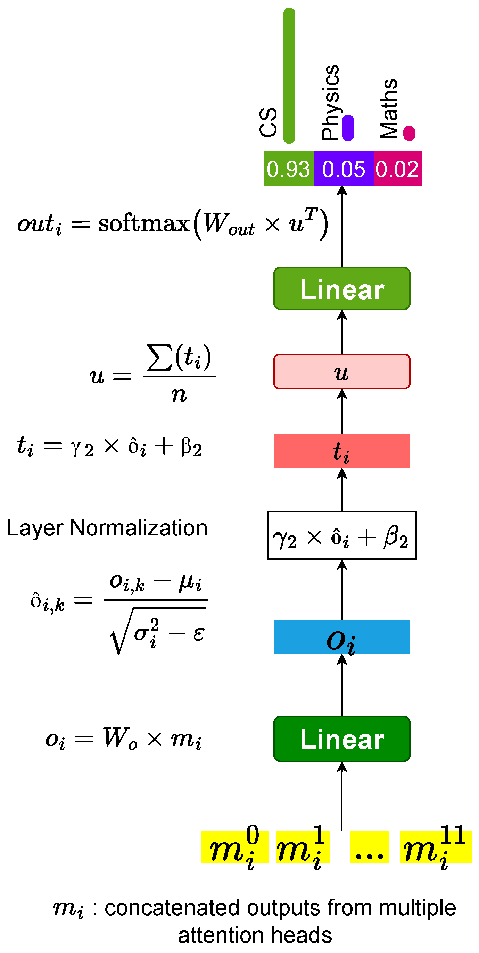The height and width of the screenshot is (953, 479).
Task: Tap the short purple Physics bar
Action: coord(348,128)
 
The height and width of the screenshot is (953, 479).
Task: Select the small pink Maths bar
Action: coord(409,133)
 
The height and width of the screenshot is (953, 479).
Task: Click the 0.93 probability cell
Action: coord(288,169)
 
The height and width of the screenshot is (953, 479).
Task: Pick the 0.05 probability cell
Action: coord(344,169)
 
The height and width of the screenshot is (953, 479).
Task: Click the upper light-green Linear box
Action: coord(342,288)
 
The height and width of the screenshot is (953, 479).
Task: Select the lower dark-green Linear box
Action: coord(342,739)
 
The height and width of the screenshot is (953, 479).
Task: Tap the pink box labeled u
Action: coord(342,371)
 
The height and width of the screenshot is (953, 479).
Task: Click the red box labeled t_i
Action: coord(342,451)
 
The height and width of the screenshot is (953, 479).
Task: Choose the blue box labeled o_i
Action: coord(342,637)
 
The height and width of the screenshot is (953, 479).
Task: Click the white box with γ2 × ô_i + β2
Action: coord(342,535)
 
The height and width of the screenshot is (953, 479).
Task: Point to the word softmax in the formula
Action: coord(144,224)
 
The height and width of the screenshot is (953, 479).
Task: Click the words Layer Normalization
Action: coord(107,528)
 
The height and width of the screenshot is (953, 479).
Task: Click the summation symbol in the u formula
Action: coord(159,357)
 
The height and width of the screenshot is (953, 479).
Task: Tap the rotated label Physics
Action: coord(330,102)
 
